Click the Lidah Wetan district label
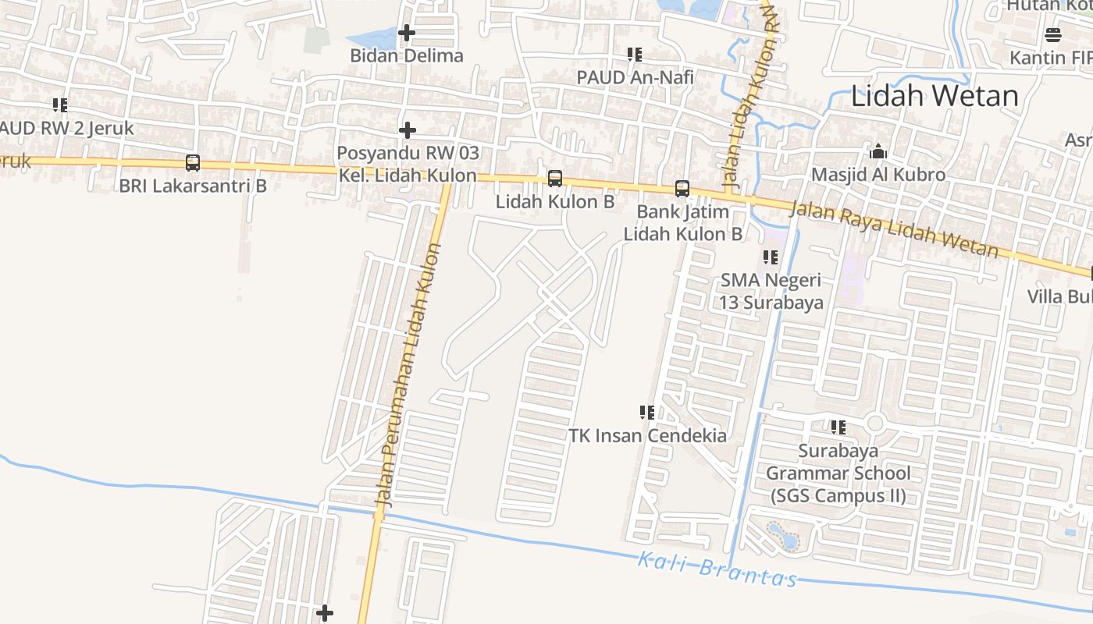click(x=935, y=96)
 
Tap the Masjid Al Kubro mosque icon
click(x=878, y=151)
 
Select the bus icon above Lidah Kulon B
click(x=555, y=179)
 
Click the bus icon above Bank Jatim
click(x=682, y=188)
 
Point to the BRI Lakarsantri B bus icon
click(x=193, y=163)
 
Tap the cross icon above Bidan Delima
click(x=407, y=33)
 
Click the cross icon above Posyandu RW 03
click(x=408, y=129)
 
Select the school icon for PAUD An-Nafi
click(x=635, y=55)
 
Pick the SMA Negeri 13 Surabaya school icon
click(x=771, y=257)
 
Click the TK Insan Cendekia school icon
click(x=647, y=412)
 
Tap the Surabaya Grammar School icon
click(x=838, y=427)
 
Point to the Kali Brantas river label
click(x=717, y=569)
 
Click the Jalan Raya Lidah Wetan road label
click(x=894, y=229)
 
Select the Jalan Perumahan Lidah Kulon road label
click(x=409, y=374)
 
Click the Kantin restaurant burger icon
click(x=1053, y=34)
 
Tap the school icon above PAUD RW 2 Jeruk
click(x=60, y=105)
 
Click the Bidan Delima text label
click(x=407, y=56)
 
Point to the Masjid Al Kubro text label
click(x=878, y=175)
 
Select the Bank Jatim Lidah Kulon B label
click(x=682, y=222)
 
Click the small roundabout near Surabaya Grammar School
click(x=874, y=424)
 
